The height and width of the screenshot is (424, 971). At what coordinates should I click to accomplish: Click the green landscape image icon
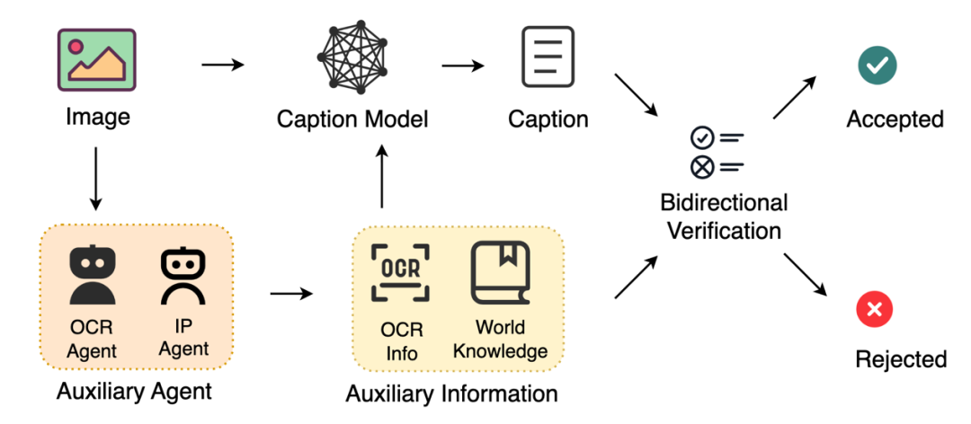point(97,60)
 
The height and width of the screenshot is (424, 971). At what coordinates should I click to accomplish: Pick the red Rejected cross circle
point(873,310)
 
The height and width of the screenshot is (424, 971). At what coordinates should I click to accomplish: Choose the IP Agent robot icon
point(183,275)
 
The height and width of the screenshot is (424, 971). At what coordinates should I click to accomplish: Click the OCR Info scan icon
point(401,273)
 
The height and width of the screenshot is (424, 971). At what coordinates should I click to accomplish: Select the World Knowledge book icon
point(501,273)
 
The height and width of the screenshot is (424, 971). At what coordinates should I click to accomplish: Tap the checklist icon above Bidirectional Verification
point(717,152)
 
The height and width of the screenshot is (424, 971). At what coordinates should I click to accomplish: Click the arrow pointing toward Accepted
point(794,96)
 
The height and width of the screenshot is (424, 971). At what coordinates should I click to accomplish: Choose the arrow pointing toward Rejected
point(804,274)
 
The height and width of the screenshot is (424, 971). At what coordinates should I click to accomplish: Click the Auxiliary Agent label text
point(134,391)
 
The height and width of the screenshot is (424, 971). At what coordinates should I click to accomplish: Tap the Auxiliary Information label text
point(451,393)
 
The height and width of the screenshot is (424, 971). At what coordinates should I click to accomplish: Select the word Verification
point(725,230)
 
